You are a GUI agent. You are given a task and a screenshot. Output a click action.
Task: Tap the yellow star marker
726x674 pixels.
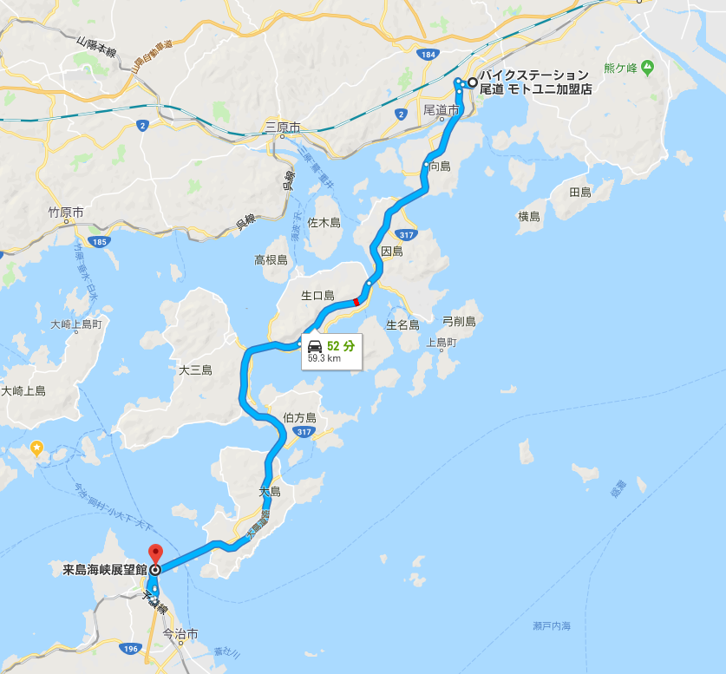(x=36, y=448)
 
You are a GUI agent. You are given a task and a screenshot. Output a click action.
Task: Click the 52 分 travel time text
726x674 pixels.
(x=341, y=345)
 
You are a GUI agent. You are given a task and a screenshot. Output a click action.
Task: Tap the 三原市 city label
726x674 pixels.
(x=283, y=128)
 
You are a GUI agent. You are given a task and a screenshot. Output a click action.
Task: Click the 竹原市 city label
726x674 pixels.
(x=66, y=212)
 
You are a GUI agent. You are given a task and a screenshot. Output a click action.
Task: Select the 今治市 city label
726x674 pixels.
(x=193, y=634)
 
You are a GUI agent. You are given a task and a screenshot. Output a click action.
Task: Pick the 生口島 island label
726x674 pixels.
(x=317, y=296)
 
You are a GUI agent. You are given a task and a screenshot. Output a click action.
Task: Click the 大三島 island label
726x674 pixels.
(x=195, y=370)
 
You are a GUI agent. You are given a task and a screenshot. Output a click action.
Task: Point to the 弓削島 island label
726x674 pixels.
(x=459, y=322)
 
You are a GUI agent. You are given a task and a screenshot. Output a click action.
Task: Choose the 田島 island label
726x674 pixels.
(x=579, y=192)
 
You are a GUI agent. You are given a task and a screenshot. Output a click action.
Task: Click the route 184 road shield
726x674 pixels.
(x=426, y=55)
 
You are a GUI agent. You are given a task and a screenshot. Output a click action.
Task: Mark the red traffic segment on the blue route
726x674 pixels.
(x=356, y=301)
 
